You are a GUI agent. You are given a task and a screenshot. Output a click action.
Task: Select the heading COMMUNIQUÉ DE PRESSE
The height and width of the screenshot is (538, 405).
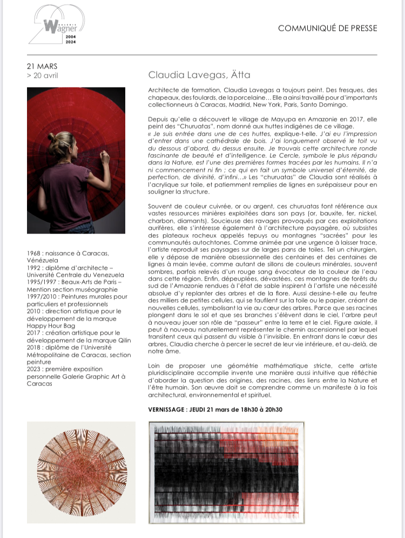[327, 28]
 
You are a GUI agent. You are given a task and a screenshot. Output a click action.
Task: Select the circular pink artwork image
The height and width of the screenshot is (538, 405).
[80, 472]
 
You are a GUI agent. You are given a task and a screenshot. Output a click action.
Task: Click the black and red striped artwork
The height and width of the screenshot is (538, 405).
[224, 471]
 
